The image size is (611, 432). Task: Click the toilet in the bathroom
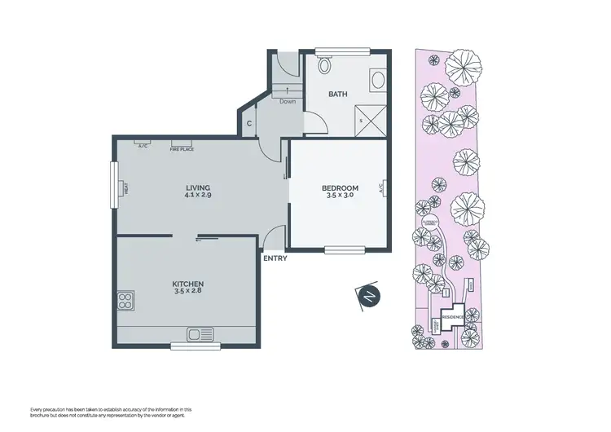pos(324,65)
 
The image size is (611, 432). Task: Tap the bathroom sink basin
pos(378,80)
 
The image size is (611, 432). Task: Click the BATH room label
pos(337,95)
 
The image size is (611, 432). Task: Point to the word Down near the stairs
pos(288,102)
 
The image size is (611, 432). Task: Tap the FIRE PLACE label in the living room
pos(181,150)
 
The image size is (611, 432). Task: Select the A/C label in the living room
pos(143,147)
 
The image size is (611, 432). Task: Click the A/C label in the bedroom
pos(381,187)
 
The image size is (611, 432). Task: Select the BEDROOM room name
pos(341,188)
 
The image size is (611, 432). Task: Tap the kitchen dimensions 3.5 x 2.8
pos(187,290)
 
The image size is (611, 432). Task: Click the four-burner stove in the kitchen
pos(126,302)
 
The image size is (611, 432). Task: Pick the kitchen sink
pos(200,333)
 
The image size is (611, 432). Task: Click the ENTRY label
pos(275,259)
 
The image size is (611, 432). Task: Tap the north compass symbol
pos(369,298)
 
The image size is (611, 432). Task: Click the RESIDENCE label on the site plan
pos(453,316)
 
